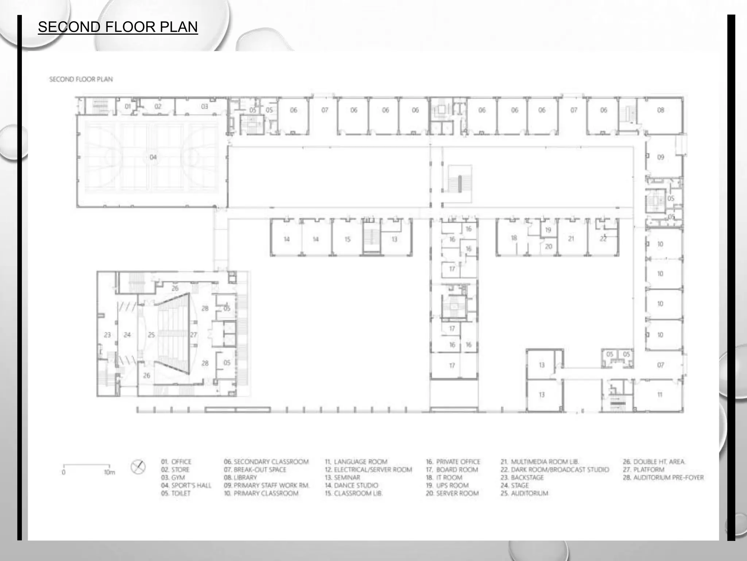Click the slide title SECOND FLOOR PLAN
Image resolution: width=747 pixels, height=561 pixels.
[117, 27]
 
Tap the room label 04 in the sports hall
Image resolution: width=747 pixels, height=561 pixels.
[153, 157]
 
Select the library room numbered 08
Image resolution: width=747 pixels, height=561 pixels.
[661, 110]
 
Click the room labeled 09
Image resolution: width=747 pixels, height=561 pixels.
[661, 157]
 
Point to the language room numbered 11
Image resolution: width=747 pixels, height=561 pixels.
[659, 394]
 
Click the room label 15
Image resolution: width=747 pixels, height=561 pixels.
[347, 239]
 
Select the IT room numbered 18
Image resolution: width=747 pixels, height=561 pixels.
[514, 238]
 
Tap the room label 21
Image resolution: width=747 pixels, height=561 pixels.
[571, 239]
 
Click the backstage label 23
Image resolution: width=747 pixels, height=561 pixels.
[107, 335]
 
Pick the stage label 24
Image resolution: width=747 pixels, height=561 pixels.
[127, 335]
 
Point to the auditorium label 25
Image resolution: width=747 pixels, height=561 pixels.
[151, 335]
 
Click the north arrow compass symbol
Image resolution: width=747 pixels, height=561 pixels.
[138, 467]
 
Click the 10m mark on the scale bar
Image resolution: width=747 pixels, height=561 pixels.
[109, 472]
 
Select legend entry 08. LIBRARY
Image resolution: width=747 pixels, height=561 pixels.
[240, 477]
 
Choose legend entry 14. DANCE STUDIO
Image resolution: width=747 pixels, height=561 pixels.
[351, 485]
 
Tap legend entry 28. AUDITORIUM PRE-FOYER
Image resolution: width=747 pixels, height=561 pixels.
[663, 477]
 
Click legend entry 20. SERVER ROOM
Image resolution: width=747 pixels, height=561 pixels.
[452, 493]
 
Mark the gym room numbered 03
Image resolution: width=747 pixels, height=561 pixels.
[204, 106]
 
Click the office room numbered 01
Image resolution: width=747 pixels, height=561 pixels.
[128, 106]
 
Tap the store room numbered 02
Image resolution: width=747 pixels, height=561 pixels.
[158, 106]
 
